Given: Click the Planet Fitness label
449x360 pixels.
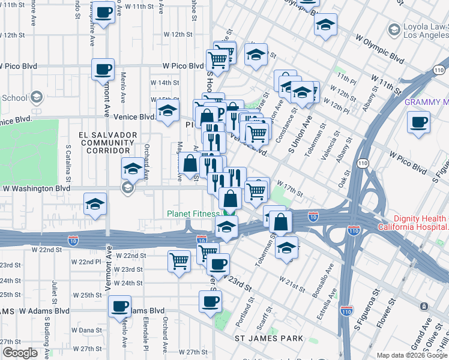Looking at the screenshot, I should [x=194, y=214].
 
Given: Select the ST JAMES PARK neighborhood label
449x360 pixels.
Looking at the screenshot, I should [x=268, y=339].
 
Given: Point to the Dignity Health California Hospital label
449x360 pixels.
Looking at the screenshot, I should [x=413, y=223].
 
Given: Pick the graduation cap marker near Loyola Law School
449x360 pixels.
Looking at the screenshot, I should [x=325, y=25].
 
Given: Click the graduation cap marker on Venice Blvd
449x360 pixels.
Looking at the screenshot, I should [x=168, y=110].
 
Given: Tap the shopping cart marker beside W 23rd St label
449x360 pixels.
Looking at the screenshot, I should [x=179, y=261].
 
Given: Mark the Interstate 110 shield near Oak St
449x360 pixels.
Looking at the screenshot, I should [x=362, y=163].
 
